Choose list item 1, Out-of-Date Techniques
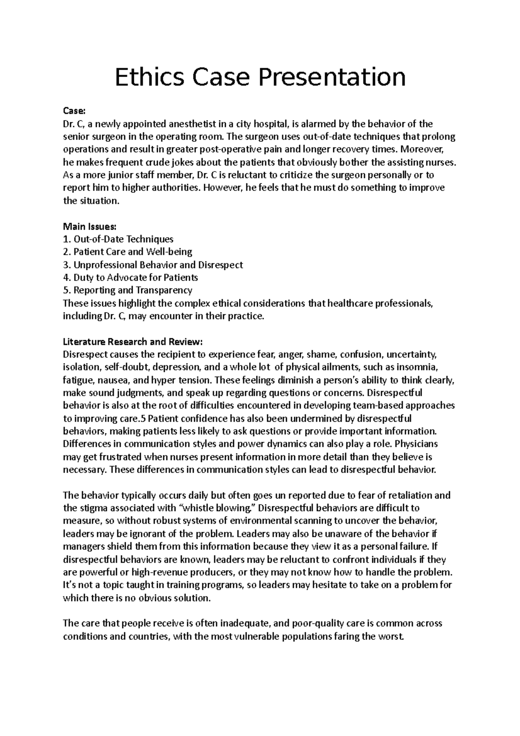tap(118, 239)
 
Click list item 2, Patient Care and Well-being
tap(127, 252)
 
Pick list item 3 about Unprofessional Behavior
tap(153, 265)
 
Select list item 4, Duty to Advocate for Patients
tap(130, 277)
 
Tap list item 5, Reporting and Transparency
tap(127, 290)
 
